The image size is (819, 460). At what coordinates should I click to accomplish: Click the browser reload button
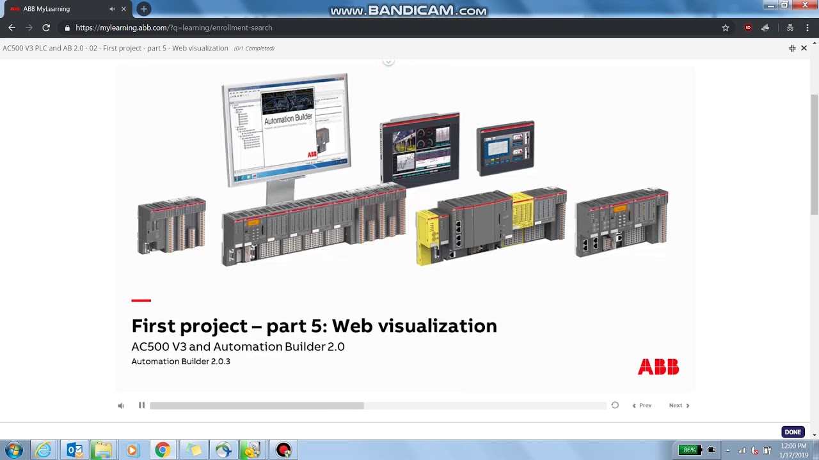coord(46,27)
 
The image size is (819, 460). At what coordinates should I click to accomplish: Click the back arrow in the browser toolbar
coord(12,27)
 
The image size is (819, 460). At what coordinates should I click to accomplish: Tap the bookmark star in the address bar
coord(726,27)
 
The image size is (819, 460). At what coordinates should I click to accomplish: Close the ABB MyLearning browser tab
coord(123,9)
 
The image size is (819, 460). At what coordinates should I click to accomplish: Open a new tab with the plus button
coord(144,9)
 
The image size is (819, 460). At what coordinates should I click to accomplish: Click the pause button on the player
coord(141,405)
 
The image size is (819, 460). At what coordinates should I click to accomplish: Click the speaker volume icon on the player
coord(121,406)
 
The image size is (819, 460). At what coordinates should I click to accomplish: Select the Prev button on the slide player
coord(642,405)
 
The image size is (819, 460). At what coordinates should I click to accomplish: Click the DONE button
coord(793,432)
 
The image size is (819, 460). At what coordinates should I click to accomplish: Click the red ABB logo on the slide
coord(658,367)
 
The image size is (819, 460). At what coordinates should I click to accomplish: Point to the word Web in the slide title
coord(352,326)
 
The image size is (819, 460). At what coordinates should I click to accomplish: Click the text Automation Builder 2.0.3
coord(180,362)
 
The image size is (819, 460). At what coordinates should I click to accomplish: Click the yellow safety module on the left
coord(426,236)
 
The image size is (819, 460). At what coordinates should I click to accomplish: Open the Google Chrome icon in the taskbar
coord(163,450)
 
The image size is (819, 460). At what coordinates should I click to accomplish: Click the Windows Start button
coord(13,450)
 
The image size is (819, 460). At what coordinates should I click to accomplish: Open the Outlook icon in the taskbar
coord(75,450)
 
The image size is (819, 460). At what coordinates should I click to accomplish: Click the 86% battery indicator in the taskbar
coord(689,450)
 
